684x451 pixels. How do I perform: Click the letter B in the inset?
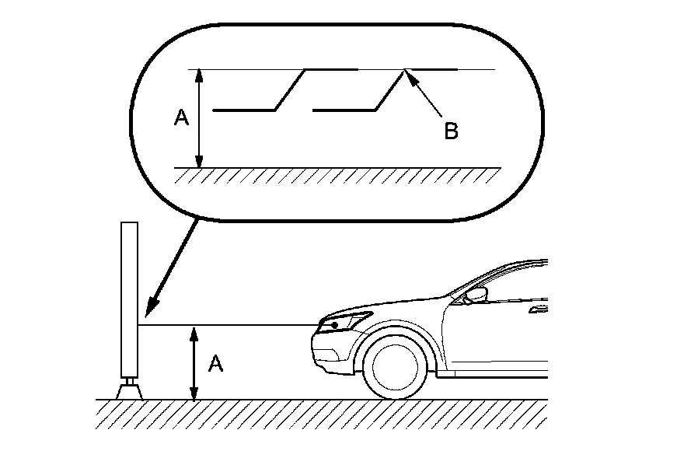(451, 131)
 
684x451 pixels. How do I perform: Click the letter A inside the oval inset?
(181, 118)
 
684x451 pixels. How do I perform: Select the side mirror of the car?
(475, 295)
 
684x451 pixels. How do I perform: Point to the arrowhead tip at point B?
(407, 73)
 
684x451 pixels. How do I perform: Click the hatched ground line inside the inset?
(334, 173)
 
